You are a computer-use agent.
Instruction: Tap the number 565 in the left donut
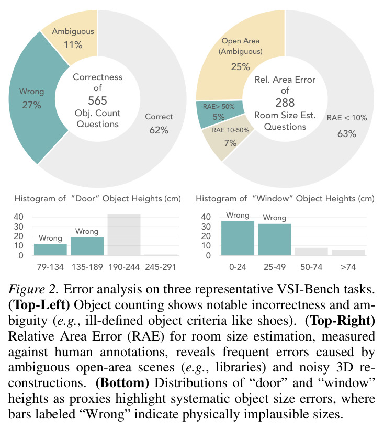tap(97, 100)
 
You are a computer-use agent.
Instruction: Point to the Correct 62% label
tap(159, 123)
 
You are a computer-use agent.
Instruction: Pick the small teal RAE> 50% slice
tap(219, 113)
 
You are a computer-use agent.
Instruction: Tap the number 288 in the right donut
tap(285, 103)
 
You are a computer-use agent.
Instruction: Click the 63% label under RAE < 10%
tap(347, 134)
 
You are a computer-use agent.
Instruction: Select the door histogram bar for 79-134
tap(50, 250)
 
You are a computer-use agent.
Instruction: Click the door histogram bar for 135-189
tap(87, 246)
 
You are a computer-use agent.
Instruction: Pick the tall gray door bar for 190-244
tap(124, 235)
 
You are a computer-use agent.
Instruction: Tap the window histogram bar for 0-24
tap(238, 238)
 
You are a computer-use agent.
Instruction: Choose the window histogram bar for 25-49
tap(275, 240)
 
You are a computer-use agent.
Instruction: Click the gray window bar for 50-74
tap(311, 252)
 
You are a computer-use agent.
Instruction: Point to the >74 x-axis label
tap(348, 267)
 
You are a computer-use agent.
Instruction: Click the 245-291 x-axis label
tap(161, 267)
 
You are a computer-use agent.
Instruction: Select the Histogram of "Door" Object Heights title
tap(98, 199)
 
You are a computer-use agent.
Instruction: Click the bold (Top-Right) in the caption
tap(340, 321)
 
